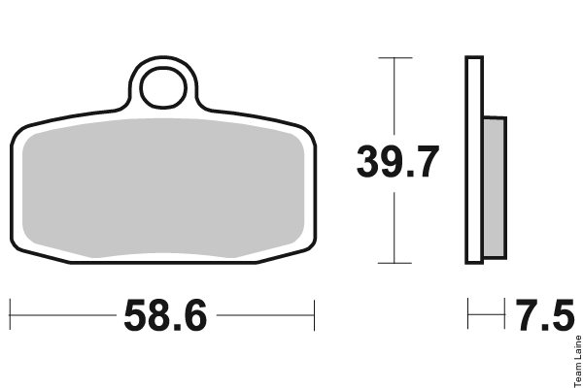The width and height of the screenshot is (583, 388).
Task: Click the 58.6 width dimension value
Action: pyautogui.click(x=165, y=315)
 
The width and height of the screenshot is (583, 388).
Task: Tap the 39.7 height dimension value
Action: pyautogui.click(x=397, y=162)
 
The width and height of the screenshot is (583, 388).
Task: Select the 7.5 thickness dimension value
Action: pyautogui.click(x=545, y=315)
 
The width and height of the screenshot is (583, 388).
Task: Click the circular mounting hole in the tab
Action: pyautogui.click(x=163, y=88)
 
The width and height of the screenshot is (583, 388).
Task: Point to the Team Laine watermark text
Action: pyautogui.click(x=578, y=361)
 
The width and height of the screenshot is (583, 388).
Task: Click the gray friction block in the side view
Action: pyautogui.click(x=495, y=187)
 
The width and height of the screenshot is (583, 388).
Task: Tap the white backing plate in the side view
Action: pyautogui.click(x=474, y=160)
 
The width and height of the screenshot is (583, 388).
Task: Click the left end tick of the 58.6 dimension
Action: pyautogui.click(x=10, y=314)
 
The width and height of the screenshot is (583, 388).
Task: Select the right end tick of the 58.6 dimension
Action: pyautogui.click(x=314, y=315)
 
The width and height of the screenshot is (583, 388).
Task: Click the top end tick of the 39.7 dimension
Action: pyautogui.click(x=395, y=57)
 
